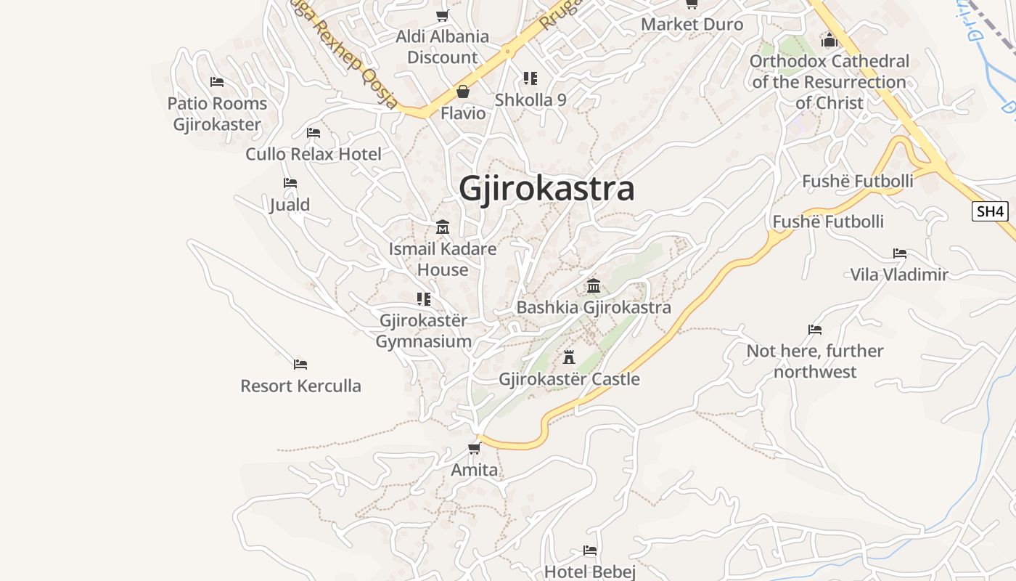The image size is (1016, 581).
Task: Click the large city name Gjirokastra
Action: [546, 189]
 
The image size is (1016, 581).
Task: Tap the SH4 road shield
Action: [990, 211]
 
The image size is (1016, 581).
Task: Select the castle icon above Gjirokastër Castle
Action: [569, 357]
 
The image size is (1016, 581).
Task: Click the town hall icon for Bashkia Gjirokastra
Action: [594, 285]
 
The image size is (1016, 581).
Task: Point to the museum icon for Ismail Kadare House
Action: [443, 227]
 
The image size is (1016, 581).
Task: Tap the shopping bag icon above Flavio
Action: [462, 92]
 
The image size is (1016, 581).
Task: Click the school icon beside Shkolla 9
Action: [530, 78]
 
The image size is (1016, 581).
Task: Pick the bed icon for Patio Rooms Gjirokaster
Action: [217, 82]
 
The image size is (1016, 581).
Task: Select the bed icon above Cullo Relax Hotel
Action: [314, 133]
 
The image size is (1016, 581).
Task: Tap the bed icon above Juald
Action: [290, 183]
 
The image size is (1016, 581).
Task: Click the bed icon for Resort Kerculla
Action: [300, 364]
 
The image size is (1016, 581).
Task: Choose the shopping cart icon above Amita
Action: [475, 448]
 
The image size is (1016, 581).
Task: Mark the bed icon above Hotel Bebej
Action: [590, 550]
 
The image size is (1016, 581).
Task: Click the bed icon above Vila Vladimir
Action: [900, 253]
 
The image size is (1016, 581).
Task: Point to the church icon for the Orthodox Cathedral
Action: [829, 39]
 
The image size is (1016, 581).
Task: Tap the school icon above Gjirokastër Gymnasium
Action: [424, 298]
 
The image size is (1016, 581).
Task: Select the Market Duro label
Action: [692, 24]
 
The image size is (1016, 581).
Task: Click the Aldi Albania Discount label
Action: [442, 46]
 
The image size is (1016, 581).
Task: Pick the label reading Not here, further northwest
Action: [815, 361]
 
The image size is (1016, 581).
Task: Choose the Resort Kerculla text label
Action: [300, 386]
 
